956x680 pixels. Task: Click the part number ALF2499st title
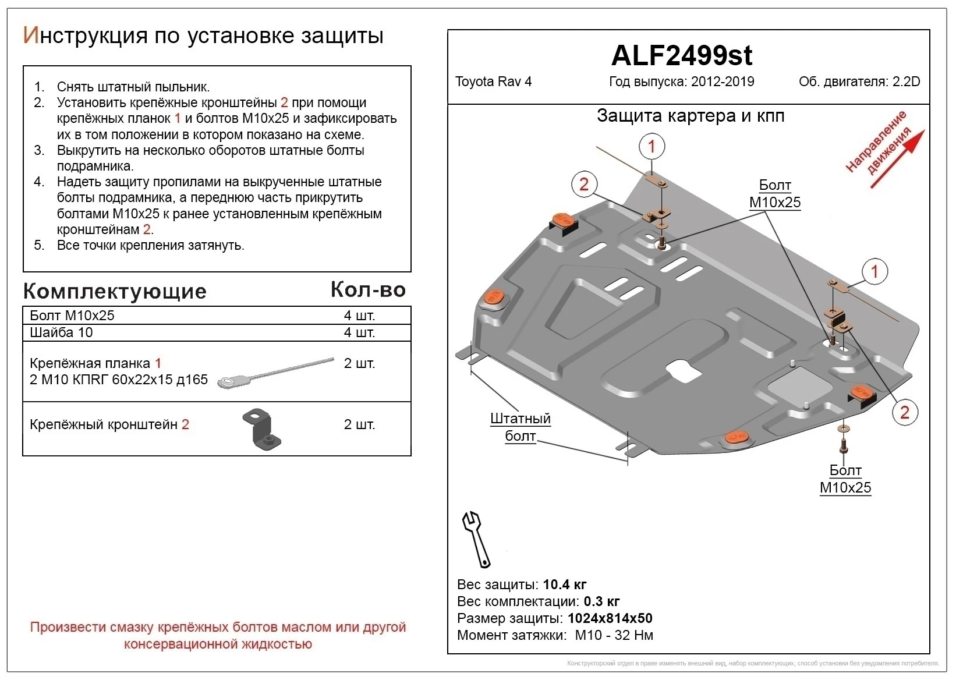pyautogui.click(x=682, y=56)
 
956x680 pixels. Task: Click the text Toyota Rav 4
pyautogui.click(x=493, y=82)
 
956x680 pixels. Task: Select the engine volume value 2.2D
pyautogui.click(x=907, y=82)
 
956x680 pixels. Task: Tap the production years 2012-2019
pyautogui.click(x=723, y=82)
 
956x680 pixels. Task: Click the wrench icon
pyautogui.click(x=476, y=539)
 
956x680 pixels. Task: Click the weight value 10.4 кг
pyautogui.click(x=564, y=585)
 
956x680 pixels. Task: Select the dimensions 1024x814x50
pyautogui.click(x=610, y=618)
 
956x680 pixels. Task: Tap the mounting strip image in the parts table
pyautogui.click(x=275, y=373)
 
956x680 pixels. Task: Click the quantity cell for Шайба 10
pyautogui.click(x=359, y=332)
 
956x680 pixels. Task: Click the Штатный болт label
pyautogui.click(x=520, y=427)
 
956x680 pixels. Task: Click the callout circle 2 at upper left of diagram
pyautogui.click(x=584, y=185)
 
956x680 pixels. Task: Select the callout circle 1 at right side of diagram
pyautogui.click(x=874, y=271)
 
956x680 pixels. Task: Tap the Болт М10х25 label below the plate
pyautogui.click(x=845, y=479)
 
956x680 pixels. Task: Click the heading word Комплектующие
pyautogui.click(x=115, y=291)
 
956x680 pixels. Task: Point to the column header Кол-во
pyautogui.click(x=368, y=289)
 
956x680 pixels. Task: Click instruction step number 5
pyautogui.click(x=39, y=245)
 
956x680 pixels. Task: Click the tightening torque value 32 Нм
pyautogui.click(x=633, y=635)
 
